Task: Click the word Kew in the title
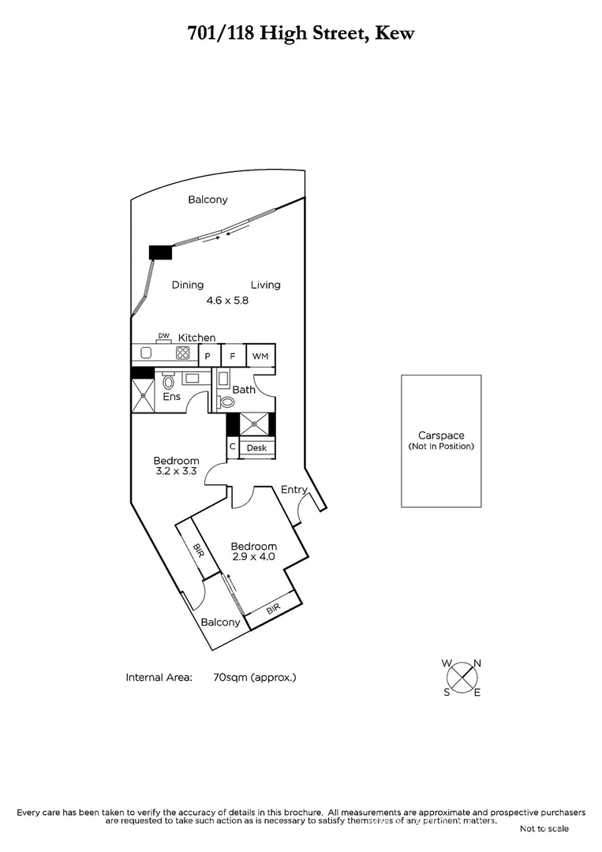coord(394,33)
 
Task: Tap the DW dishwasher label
coord(163,336)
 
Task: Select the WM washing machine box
coord(260,356)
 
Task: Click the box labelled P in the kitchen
coord(208,357)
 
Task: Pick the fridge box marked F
coord(233,357)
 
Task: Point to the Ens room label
coord(171,396)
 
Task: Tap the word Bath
coord(244,390)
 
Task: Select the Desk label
coord(256,448)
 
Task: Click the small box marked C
coord(233,447)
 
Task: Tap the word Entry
coord(294,490)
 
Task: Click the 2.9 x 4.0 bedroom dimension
coord(253,557)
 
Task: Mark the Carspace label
coord(441,435)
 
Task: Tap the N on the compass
coord(477,663)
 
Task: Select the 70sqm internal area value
coord(254,677)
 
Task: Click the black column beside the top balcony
coord(161,252)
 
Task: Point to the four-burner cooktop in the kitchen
coord(183,353)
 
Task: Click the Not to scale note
coord(544,828)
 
